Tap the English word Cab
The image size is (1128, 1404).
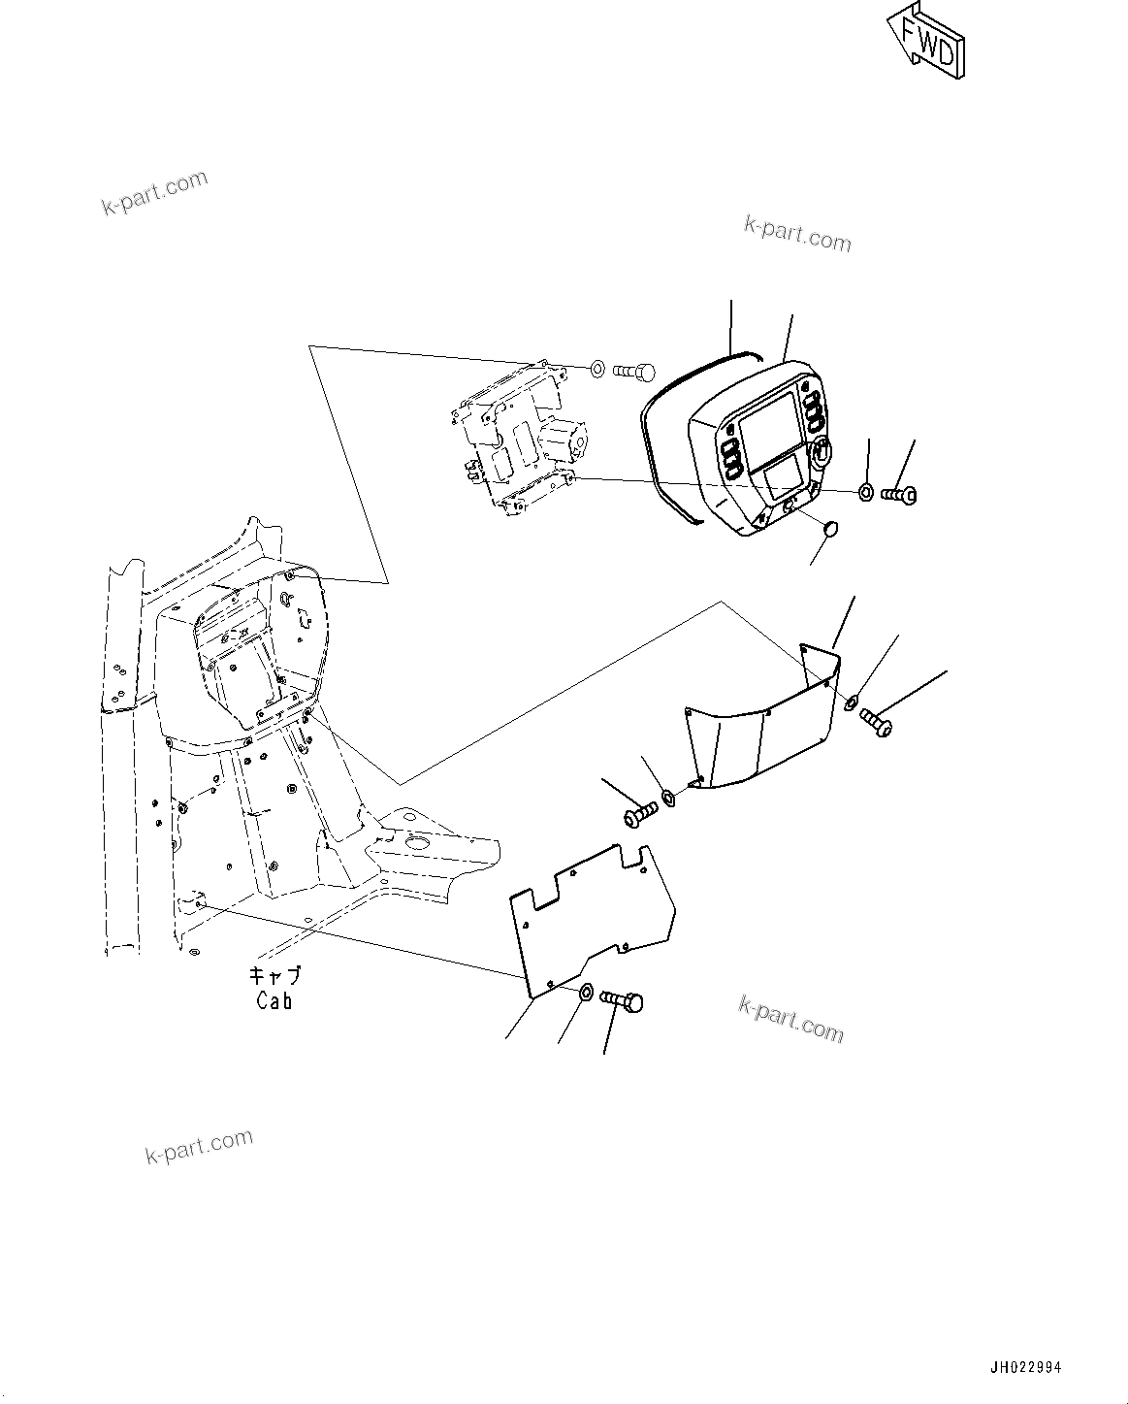[274, 1000]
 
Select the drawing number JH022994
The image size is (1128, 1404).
[1025, 1367]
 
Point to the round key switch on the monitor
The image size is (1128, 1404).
[820, 450]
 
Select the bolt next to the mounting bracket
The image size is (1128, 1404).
[634, 370]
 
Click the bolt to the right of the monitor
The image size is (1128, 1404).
[900, 495]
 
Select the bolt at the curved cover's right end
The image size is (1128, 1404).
[875, 722]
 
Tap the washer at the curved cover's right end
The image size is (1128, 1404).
[852, 702]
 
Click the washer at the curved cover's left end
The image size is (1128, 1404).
[668, 799]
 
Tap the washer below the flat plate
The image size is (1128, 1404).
[587, 993]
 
